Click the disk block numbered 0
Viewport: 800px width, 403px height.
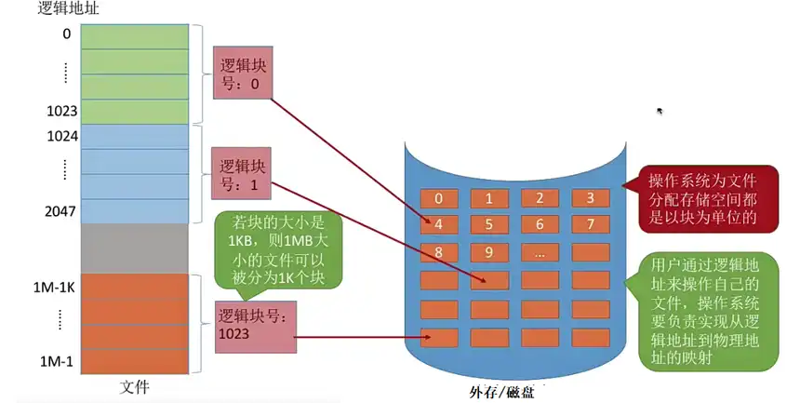click(x=439, y=197)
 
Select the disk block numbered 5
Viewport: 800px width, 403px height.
click(x=488, y=224)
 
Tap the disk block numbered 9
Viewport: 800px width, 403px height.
click(x=488, y=251)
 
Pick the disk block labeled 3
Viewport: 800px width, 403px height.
click(x=588, y=197)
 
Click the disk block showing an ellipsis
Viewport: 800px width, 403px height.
click(x=539, y=251)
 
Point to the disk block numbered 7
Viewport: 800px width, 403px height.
click(x=588, y=224)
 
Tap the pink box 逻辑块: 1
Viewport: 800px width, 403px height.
click(x=242, y=173)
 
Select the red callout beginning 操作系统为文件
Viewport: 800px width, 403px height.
click(x=701, y=197)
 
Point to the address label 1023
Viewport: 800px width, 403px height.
click(x=60, y=110)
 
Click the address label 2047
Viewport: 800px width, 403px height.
click(x=60, y=210)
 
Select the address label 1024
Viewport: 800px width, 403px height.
click(x=60, y=135)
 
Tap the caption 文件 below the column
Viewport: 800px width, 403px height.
click(x=135, y=385)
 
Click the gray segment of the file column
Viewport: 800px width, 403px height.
click(x=135, y=247)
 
